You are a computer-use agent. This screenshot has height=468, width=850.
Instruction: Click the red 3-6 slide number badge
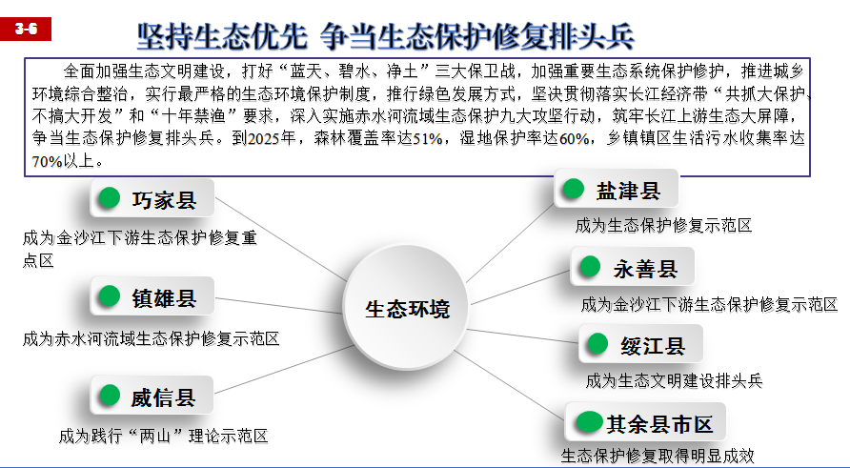[26, 29]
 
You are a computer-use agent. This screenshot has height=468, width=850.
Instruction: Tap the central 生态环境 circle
[407, 307]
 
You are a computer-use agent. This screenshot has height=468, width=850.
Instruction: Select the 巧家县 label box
[152, 198]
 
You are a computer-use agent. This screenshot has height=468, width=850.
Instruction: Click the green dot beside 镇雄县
[109, 296]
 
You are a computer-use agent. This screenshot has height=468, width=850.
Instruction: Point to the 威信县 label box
[152, 396]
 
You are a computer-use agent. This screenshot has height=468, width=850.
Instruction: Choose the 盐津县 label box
[617, 189]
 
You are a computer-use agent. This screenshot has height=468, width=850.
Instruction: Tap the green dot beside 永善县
[590, 266]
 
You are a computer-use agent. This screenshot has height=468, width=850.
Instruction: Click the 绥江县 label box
[640, 344]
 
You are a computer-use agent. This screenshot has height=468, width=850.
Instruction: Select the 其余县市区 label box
[646, 422]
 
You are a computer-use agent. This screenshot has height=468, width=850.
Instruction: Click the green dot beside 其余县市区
[589, 422]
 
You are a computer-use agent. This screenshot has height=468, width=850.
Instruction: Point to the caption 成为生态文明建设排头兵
[674, 381]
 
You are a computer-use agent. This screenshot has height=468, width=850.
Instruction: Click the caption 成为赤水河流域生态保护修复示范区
[151, 339]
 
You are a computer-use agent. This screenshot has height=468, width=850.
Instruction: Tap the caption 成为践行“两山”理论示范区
[163, 437]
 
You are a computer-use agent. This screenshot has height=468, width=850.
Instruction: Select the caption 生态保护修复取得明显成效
[657, 456]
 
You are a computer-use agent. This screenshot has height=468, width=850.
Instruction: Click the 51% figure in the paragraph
[428, 139]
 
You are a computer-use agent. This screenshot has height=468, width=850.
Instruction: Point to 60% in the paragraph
[574, 139]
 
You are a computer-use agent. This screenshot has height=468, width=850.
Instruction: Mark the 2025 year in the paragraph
[264, 139]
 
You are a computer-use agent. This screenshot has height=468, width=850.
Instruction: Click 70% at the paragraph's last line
[47, 162]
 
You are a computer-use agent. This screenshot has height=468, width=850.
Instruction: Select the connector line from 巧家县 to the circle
[281, 239]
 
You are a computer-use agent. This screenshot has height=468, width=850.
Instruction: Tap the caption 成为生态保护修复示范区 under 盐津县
[663, 226]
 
